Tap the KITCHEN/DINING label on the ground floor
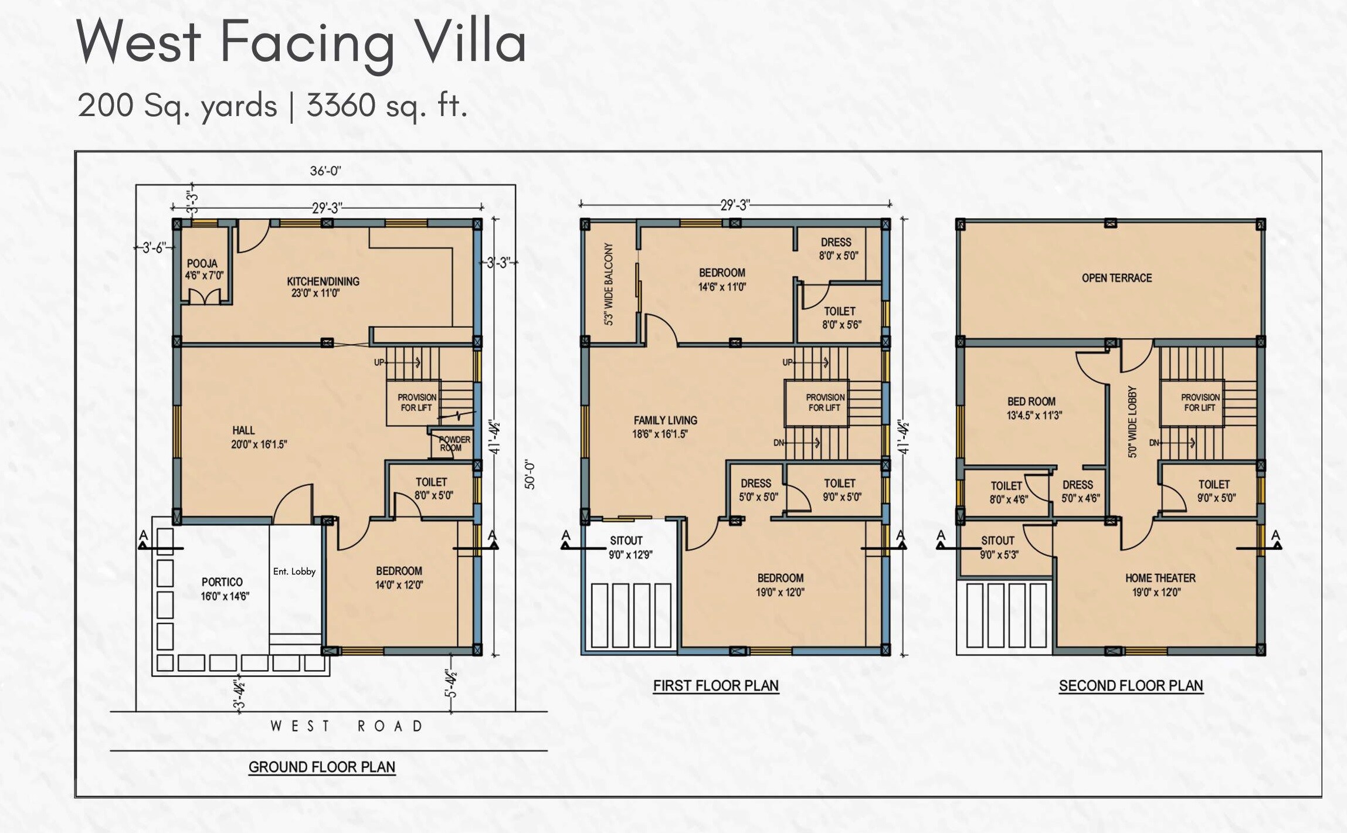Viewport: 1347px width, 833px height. pyautogui.click(x=323, y=287)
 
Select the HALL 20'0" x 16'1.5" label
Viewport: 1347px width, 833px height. pyautogui.click(x=259, y=437)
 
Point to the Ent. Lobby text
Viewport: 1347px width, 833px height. pyautogui.click(x=294, y=572)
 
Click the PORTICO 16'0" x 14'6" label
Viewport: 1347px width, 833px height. pyautogui.click(x=225, y=589)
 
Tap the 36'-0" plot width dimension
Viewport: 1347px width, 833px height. pyautogui.click(x=325, y=171)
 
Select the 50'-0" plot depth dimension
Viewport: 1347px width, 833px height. pyautogui.click(x=530, y=475)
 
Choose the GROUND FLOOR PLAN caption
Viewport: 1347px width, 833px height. pyautogui.click(x=322, y=767)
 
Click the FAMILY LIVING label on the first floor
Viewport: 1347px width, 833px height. pyautogui.click(x=664, y=427)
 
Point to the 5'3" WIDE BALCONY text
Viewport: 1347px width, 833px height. pyautogui.click(x=609, y=284)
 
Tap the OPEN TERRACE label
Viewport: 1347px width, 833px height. pyautogui.click(x=1117, y=278)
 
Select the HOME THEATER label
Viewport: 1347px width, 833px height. pyautogui.click(x=1159, y=584)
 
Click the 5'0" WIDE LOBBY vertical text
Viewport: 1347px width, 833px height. pyautogui.click(x=1132, y=422)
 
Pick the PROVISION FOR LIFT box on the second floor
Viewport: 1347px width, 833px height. pyautogui.click(x=1200, y=402)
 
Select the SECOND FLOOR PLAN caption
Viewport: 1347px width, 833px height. pyautogui.click(x=1130, y=685)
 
